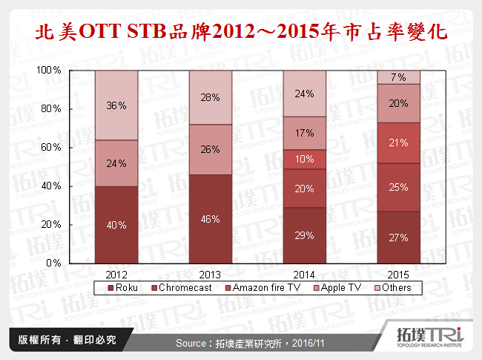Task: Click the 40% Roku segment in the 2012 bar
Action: point(116,224)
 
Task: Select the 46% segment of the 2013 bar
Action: point(211,219)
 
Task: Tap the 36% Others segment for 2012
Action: point(116,105)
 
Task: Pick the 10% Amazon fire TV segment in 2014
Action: point(305,160)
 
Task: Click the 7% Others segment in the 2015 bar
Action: point(399,77)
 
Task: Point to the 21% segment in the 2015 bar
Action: point(399,143)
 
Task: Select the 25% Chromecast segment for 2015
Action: point(399,187)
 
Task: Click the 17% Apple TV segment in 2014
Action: point(305,133)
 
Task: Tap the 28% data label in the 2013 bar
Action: point(211,98)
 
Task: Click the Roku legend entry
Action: point(124,286)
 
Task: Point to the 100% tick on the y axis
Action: point(49,70)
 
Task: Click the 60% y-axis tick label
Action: point(51,147)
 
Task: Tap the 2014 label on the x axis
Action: point(305,272)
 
